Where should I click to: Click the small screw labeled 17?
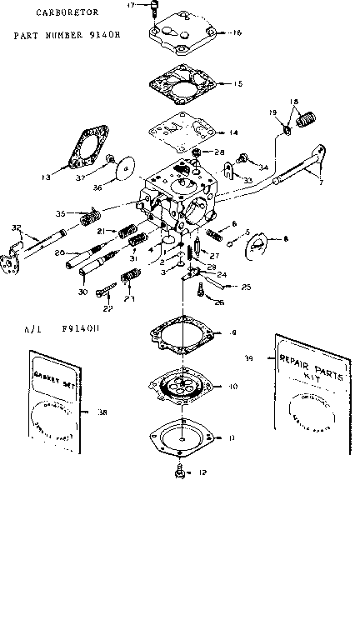pyautogui.click(x=155, y=9)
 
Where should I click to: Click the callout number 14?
pyautogui.click(x=233, y=132)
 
